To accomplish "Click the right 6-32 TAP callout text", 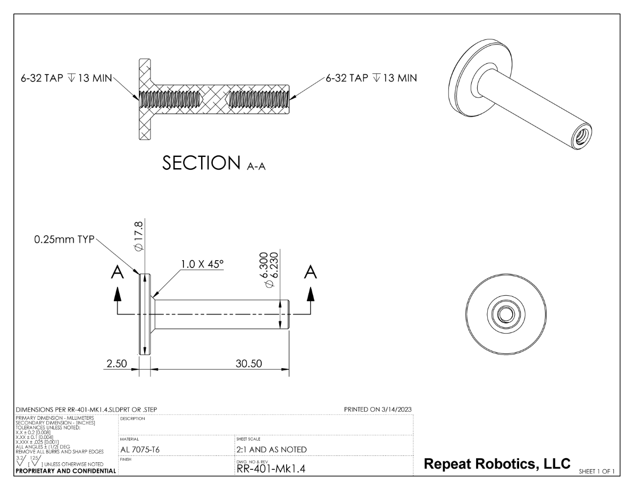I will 371,78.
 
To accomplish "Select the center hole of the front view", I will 503,312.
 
